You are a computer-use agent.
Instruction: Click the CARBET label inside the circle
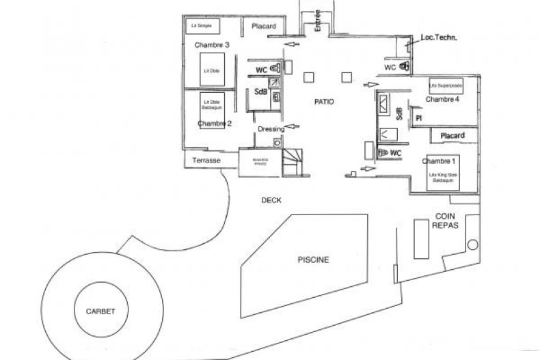100,311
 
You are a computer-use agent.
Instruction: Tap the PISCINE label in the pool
314,260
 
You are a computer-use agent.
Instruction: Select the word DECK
271,200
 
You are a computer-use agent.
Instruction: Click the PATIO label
325,102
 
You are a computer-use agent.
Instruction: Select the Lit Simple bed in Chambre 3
202,26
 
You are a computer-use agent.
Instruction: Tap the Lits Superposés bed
446,86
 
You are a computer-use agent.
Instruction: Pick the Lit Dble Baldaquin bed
210,104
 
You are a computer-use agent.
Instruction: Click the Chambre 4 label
442,100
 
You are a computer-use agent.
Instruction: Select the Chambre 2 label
215,124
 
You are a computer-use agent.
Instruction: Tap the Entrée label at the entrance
318,20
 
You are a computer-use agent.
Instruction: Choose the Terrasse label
206,161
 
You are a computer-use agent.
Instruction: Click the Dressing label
271,128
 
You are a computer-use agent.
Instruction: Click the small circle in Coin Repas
472,245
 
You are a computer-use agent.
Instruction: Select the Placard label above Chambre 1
453,136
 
